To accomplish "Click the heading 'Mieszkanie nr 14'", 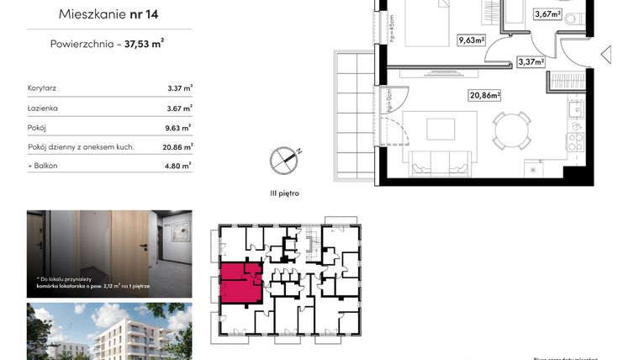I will [x=109, y=14].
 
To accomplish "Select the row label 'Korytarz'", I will [x=42, y=87].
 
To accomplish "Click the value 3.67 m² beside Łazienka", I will [x=180, y=109].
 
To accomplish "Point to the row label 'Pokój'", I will [x=37, y=129].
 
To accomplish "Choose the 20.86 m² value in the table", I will [x=180, y=148].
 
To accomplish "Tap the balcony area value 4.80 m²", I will [x=180, y=167].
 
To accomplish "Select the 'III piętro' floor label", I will [x=284, y=193].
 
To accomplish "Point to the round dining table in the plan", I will [x=511, y=130].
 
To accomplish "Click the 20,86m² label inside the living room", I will [x=484, y=95].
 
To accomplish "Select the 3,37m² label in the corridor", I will [x=531, y=61].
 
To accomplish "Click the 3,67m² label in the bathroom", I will [x=547, y=13].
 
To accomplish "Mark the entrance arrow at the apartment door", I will [x=605, y=56].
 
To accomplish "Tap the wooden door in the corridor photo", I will [x=129, y=248].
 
